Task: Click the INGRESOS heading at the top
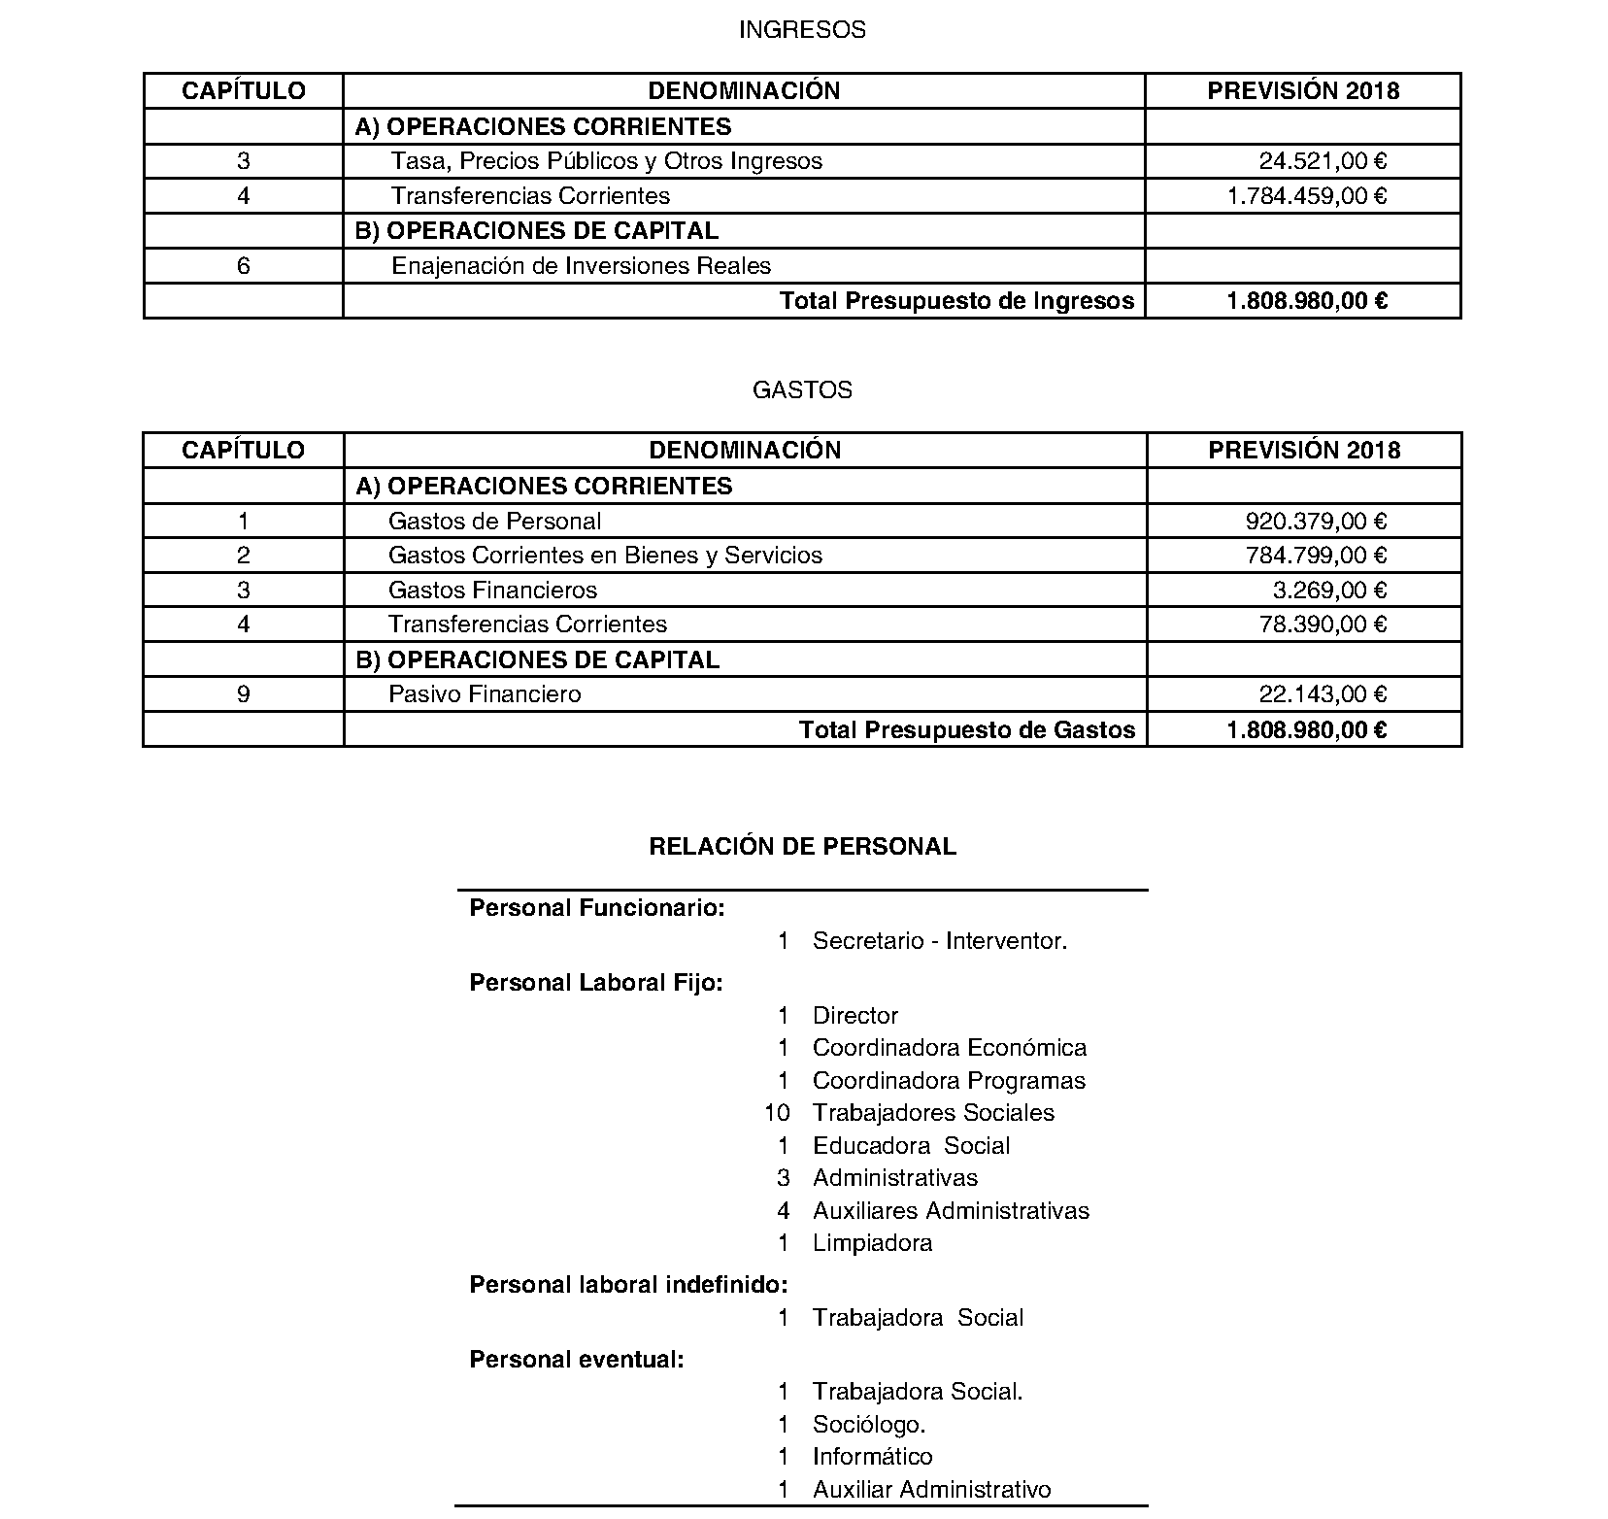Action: click(802, 30)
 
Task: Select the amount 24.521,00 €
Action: click(1323, 161)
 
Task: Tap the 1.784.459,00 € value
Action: click(1306, 196)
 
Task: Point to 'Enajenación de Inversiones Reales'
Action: click(581, 266)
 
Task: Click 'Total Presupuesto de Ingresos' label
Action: click(956, 301)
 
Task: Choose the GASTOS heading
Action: click(802, 390)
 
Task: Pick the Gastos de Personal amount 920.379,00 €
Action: click(1316, 522)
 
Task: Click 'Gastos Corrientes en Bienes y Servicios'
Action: click(605, 556)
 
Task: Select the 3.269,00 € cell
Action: click(1329, 591)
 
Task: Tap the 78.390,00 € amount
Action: click(1323, 624)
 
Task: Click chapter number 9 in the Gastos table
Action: click(243, 694)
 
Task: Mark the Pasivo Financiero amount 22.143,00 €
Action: click(1323, 694)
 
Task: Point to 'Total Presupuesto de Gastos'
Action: click(966, 730)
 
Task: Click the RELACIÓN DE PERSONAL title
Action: click(802, 847)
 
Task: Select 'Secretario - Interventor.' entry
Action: click(940, 941)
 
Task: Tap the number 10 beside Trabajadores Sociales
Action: click(777, 1113)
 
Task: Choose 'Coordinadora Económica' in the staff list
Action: click(950, 1048)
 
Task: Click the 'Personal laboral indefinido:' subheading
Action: click(628, 1285)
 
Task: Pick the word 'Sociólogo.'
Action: click(869, 1425)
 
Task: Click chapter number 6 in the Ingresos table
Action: click(243, 266)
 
